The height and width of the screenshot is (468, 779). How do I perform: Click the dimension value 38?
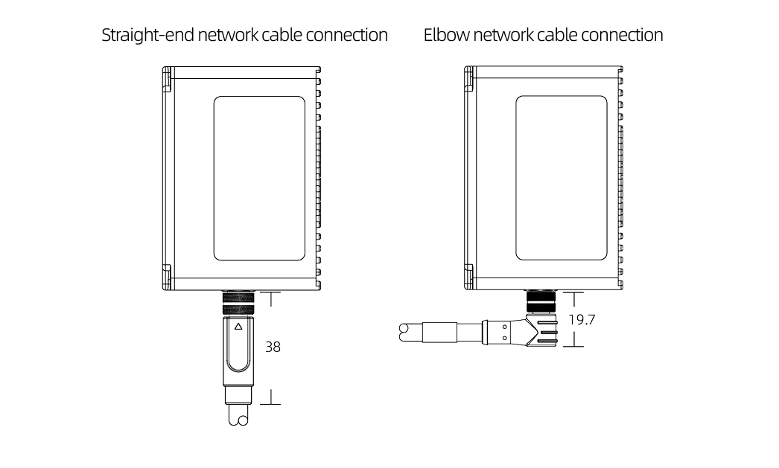coord(273,347)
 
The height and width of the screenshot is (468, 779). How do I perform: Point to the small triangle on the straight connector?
coord(238,327)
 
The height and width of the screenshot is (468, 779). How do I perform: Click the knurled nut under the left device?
coord(238,304)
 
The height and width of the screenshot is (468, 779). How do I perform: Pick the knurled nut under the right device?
coord(540,301)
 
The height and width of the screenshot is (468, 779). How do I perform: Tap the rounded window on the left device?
coord(259,179)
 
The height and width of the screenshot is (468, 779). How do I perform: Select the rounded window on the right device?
coord(561,179)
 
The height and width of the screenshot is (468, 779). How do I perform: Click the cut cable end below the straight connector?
coord(238,419)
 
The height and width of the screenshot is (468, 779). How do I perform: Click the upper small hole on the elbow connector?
coord(504,324)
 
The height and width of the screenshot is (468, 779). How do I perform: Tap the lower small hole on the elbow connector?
coord(504,337)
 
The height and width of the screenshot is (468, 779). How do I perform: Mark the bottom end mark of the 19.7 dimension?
coord(573,347)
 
